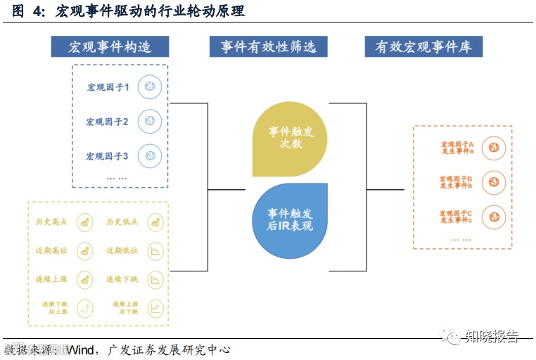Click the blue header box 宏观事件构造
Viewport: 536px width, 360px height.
point(110,47)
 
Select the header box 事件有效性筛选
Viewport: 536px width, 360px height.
point(269,47)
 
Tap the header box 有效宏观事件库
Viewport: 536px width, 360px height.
point(423,47)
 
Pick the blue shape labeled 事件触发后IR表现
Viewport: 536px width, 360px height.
point(289,219)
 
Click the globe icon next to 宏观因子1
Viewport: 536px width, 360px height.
point(150,87)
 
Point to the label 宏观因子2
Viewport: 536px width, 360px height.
point(107,122)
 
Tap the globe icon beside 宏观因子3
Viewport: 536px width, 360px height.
point(150,155)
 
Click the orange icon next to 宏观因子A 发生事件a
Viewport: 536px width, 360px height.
point(494,148)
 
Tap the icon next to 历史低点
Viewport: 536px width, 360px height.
point(155,222)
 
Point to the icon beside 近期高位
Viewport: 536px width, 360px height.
point(85,250)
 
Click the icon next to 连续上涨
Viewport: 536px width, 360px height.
point(85,279)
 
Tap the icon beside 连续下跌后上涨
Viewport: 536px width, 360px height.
point(85,307)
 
